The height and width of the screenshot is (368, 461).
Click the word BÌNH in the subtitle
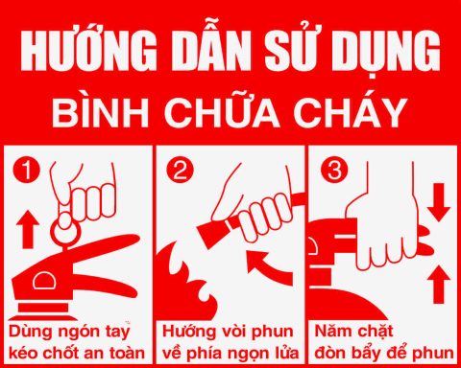[x=115, y=111]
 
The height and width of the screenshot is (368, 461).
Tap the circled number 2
[x=180, y=172]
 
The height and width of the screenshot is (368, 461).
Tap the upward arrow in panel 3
[x=437, y=283]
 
